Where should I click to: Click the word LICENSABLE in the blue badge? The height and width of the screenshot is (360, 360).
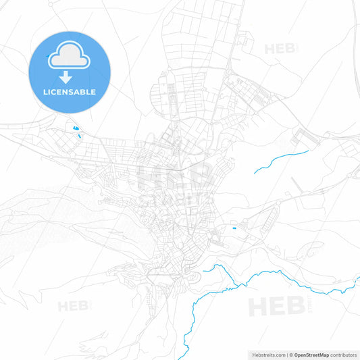[x=70, y=91]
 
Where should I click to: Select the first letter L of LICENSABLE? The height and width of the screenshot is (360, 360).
[x=45, y=91]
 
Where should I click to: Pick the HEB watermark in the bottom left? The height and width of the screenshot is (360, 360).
[x=73, y=306]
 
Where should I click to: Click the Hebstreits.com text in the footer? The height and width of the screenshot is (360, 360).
[x=267, y=355]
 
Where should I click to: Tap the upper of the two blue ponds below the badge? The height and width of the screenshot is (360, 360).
[x=74, y=127]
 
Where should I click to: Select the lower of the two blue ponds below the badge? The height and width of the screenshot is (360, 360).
[x=80, y=136]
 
